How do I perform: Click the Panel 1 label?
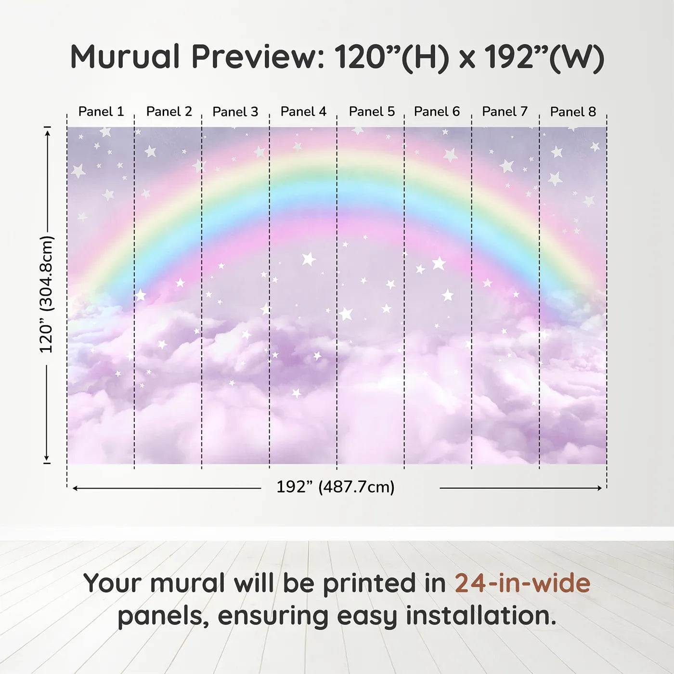pos(101,112)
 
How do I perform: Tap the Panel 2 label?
pos(169,112)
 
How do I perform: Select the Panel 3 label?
pos(235,112)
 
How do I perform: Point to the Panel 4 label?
pos(303,112)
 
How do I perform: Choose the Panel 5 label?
pos(372,112)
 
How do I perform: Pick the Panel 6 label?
pos(437,112)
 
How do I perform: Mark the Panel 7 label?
pos(505,112)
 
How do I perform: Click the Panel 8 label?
pos(573,112)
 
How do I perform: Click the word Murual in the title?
pos(125,57)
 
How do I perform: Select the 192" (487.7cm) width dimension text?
pos(336,487)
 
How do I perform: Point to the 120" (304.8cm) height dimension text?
pos(46,294)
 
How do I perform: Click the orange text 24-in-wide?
pos(522,583)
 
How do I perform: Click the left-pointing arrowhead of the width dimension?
pos(75,488)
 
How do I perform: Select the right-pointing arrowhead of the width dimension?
pos(599,488)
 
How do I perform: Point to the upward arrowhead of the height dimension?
pos(48,132)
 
